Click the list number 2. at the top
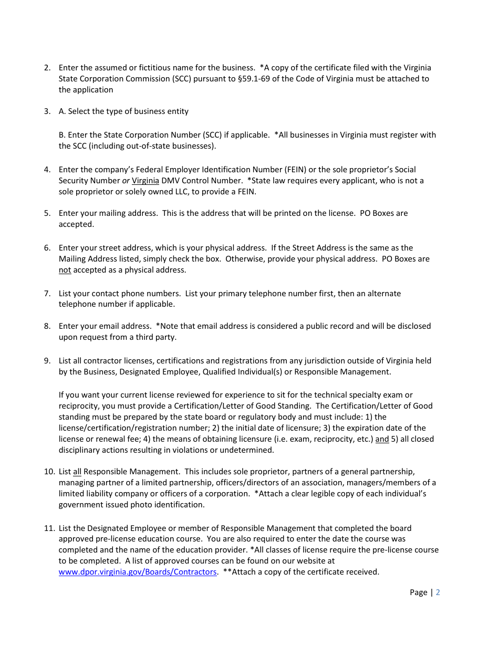[47, 68]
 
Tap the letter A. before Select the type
[63, 111]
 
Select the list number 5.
[47, 213]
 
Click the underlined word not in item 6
[65, 270]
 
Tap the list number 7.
[47, 294]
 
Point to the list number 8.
[47, 326]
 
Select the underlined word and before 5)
[382, 439]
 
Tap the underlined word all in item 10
[77, 472]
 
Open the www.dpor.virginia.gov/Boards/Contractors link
[138, 572]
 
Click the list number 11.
[49, 528]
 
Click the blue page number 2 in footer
[438, 592]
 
